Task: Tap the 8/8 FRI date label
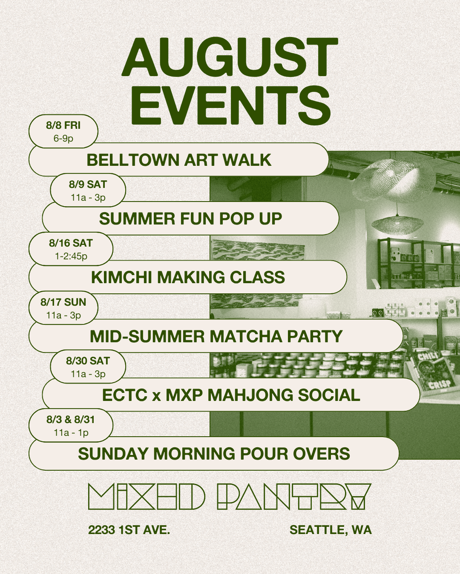click(x=63, y=125)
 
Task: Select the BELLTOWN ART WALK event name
click(x=179, y=160)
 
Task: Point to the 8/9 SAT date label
click(x=88, y=184)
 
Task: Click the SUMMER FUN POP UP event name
click(x=190, y=219)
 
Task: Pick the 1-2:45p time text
click(x=71, y=256)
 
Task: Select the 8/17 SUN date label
click(x=63, y=302)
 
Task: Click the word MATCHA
click(x=246, y=336)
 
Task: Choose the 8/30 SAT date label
click(x=88, y=361)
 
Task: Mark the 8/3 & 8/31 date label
click(x=71, y=420)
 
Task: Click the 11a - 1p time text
click(x=71, y=433)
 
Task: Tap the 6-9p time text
click(x=63, y=139)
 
